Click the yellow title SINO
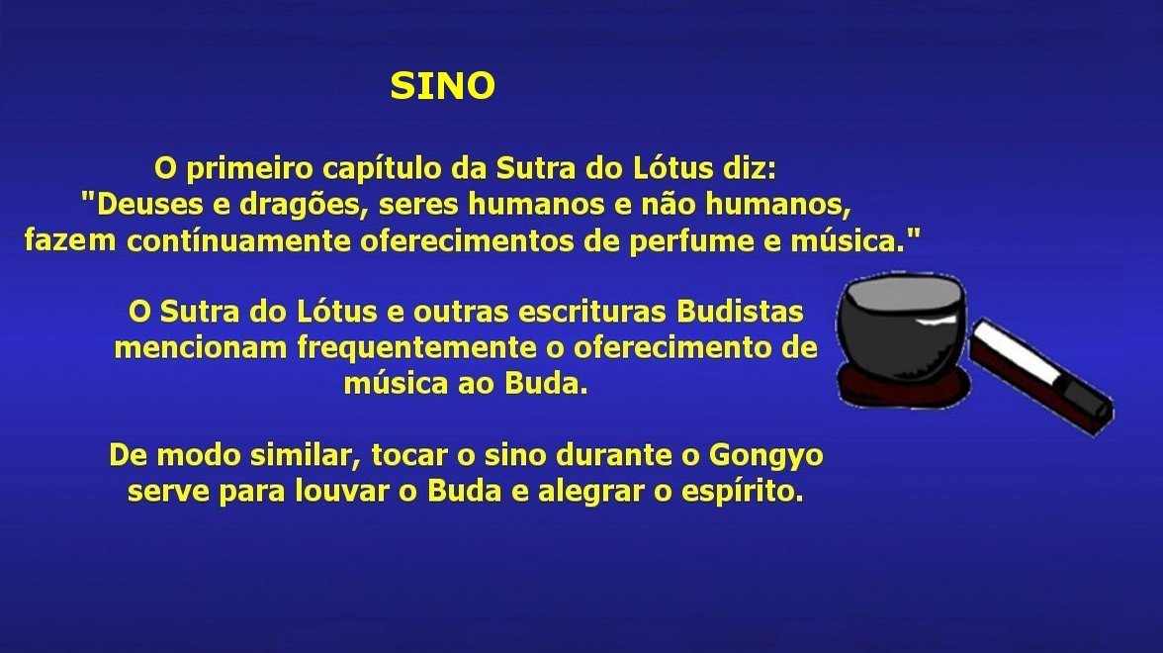pyautogui.click(x=443, y=86)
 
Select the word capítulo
pyautogui.click(x=383, y=169)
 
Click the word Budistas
pyautogui.click(x=740, y=312)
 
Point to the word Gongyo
pyautogui.click(x=766, y=456)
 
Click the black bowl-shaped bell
pyautogui.click(x=901, y=326)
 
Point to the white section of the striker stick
pyautogui.click(x=1016, y=357)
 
